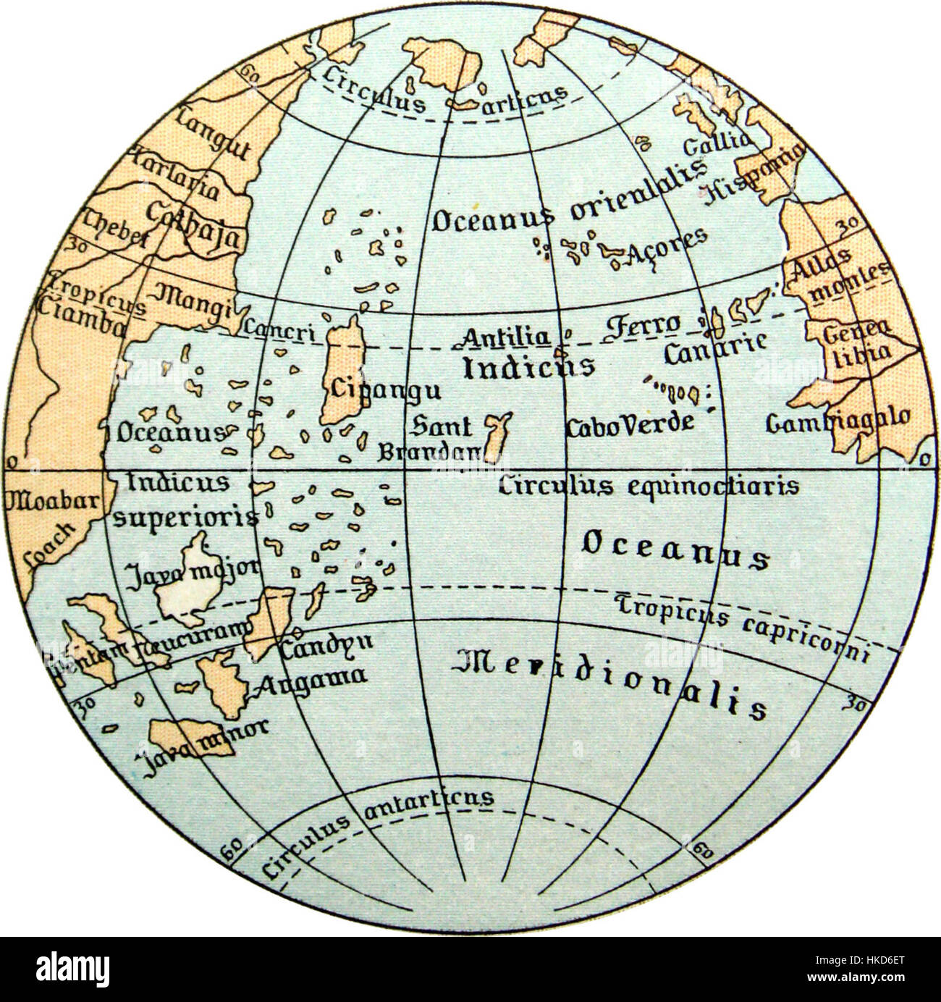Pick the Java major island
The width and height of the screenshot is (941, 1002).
click(188, 584)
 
